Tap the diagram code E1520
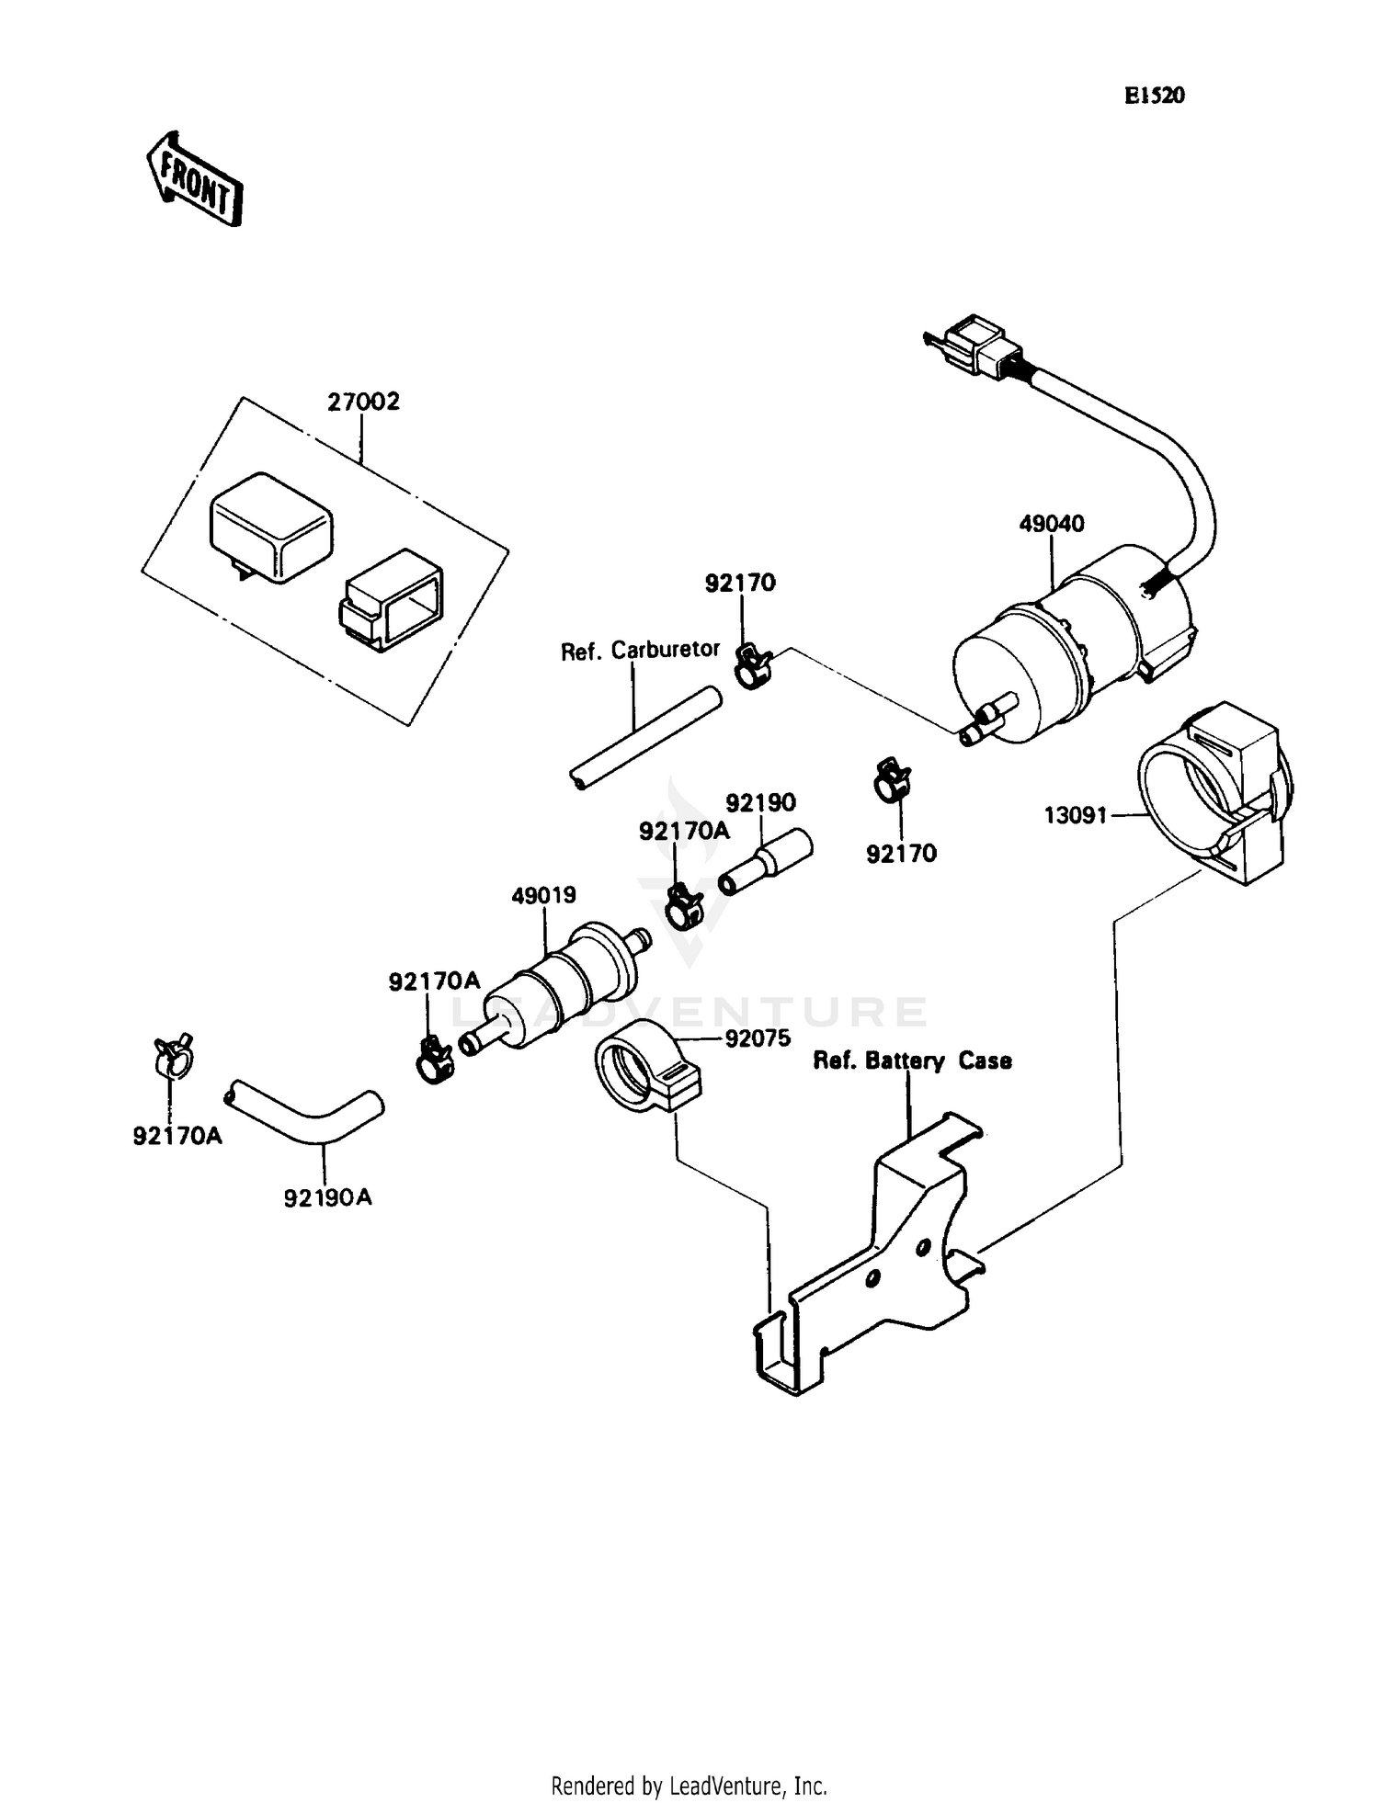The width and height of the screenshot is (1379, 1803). coord(1155,96)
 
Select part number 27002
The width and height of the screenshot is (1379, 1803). coord(364,403)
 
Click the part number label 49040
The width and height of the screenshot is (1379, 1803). coord(1052,524)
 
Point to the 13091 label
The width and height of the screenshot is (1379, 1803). coord(1075,814)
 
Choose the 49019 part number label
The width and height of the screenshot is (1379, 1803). coord(543,894)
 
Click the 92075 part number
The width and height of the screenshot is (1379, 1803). coord(758,1039)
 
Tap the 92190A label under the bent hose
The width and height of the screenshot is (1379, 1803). coord(328,1197)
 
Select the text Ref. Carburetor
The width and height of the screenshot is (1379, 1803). coord(640,651)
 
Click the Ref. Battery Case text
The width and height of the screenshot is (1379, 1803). coord(912,1060)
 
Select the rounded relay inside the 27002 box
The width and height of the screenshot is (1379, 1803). coord(271,526)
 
